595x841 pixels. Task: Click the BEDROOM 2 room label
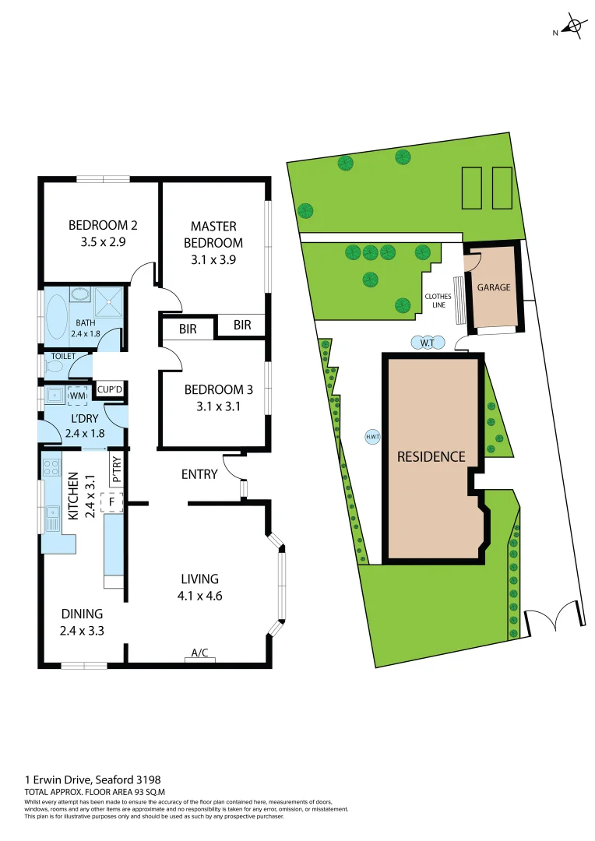(103, 226)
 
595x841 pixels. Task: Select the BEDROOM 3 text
(213, 390)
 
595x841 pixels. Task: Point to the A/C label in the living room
(199, 653)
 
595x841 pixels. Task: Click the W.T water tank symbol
(428, 343)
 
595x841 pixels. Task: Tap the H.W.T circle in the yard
(372, 437)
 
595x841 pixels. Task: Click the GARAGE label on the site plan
(494, 287)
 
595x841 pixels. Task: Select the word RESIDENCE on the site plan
(431, 457)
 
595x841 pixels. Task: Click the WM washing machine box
(77, 396)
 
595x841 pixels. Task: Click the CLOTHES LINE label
(438, 301)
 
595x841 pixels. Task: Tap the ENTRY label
(199, 474)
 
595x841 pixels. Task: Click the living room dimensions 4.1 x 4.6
(199, 596)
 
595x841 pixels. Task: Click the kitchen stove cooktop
(51, 469)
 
